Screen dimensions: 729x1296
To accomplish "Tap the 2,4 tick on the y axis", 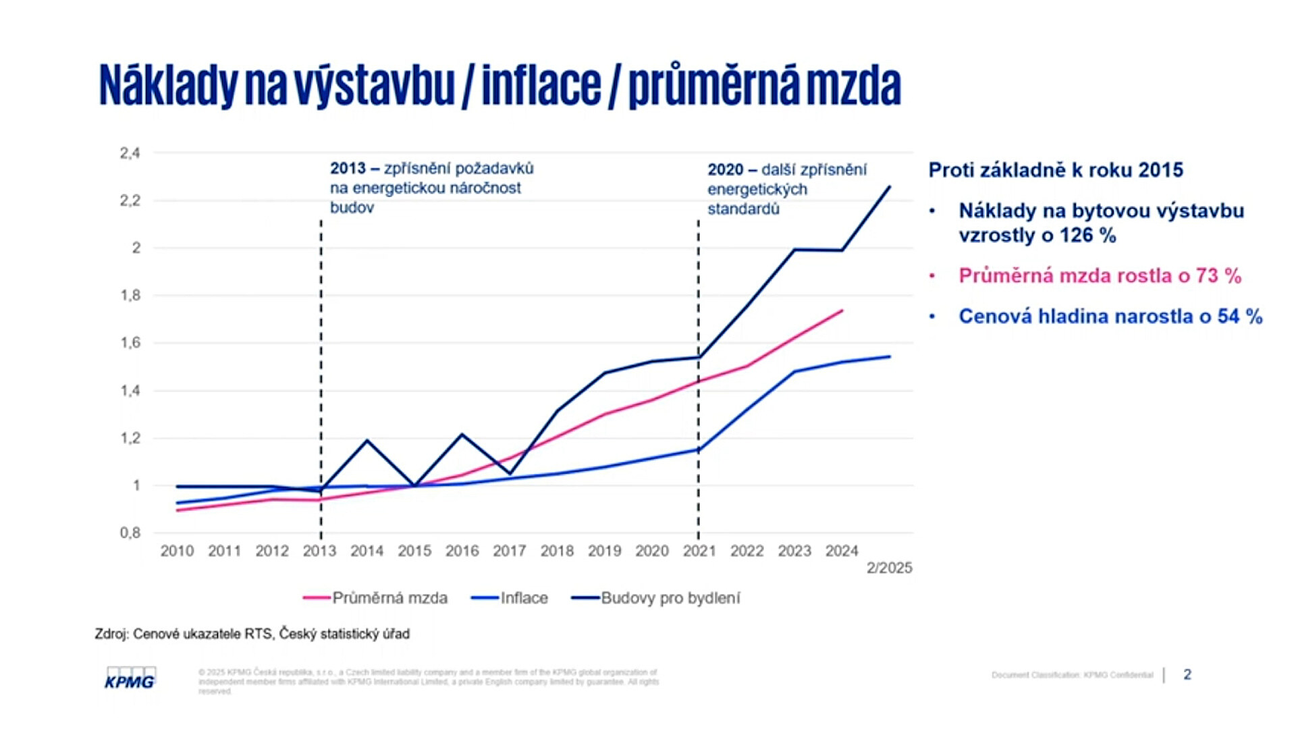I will [x=130, y=153].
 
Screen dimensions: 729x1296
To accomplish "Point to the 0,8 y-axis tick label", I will [x=130, y=533].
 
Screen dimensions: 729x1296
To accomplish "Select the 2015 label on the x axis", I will [x=414, y=551].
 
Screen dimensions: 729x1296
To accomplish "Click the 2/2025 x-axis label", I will [x=889, y=568].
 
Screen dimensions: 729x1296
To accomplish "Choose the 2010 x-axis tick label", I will [x=177, y=551].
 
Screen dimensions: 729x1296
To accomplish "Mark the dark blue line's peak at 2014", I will [x=367, y=441].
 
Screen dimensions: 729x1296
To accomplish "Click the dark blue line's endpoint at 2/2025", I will [x=890, y=187].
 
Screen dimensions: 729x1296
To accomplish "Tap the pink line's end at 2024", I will [x=842, y=310].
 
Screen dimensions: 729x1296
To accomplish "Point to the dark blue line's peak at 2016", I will [x=462, y=434].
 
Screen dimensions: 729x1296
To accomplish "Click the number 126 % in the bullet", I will [x=1087, y=236].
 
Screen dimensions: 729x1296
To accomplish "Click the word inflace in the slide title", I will [x=541, y=86].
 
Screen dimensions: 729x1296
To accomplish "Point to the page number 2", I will [x=1187, y=674].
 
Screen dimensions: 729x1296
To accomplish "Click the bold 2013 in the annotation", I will [x=348, y=168].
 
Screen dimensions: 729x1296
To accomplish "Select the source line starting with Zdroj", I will [x=252, y=634].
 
